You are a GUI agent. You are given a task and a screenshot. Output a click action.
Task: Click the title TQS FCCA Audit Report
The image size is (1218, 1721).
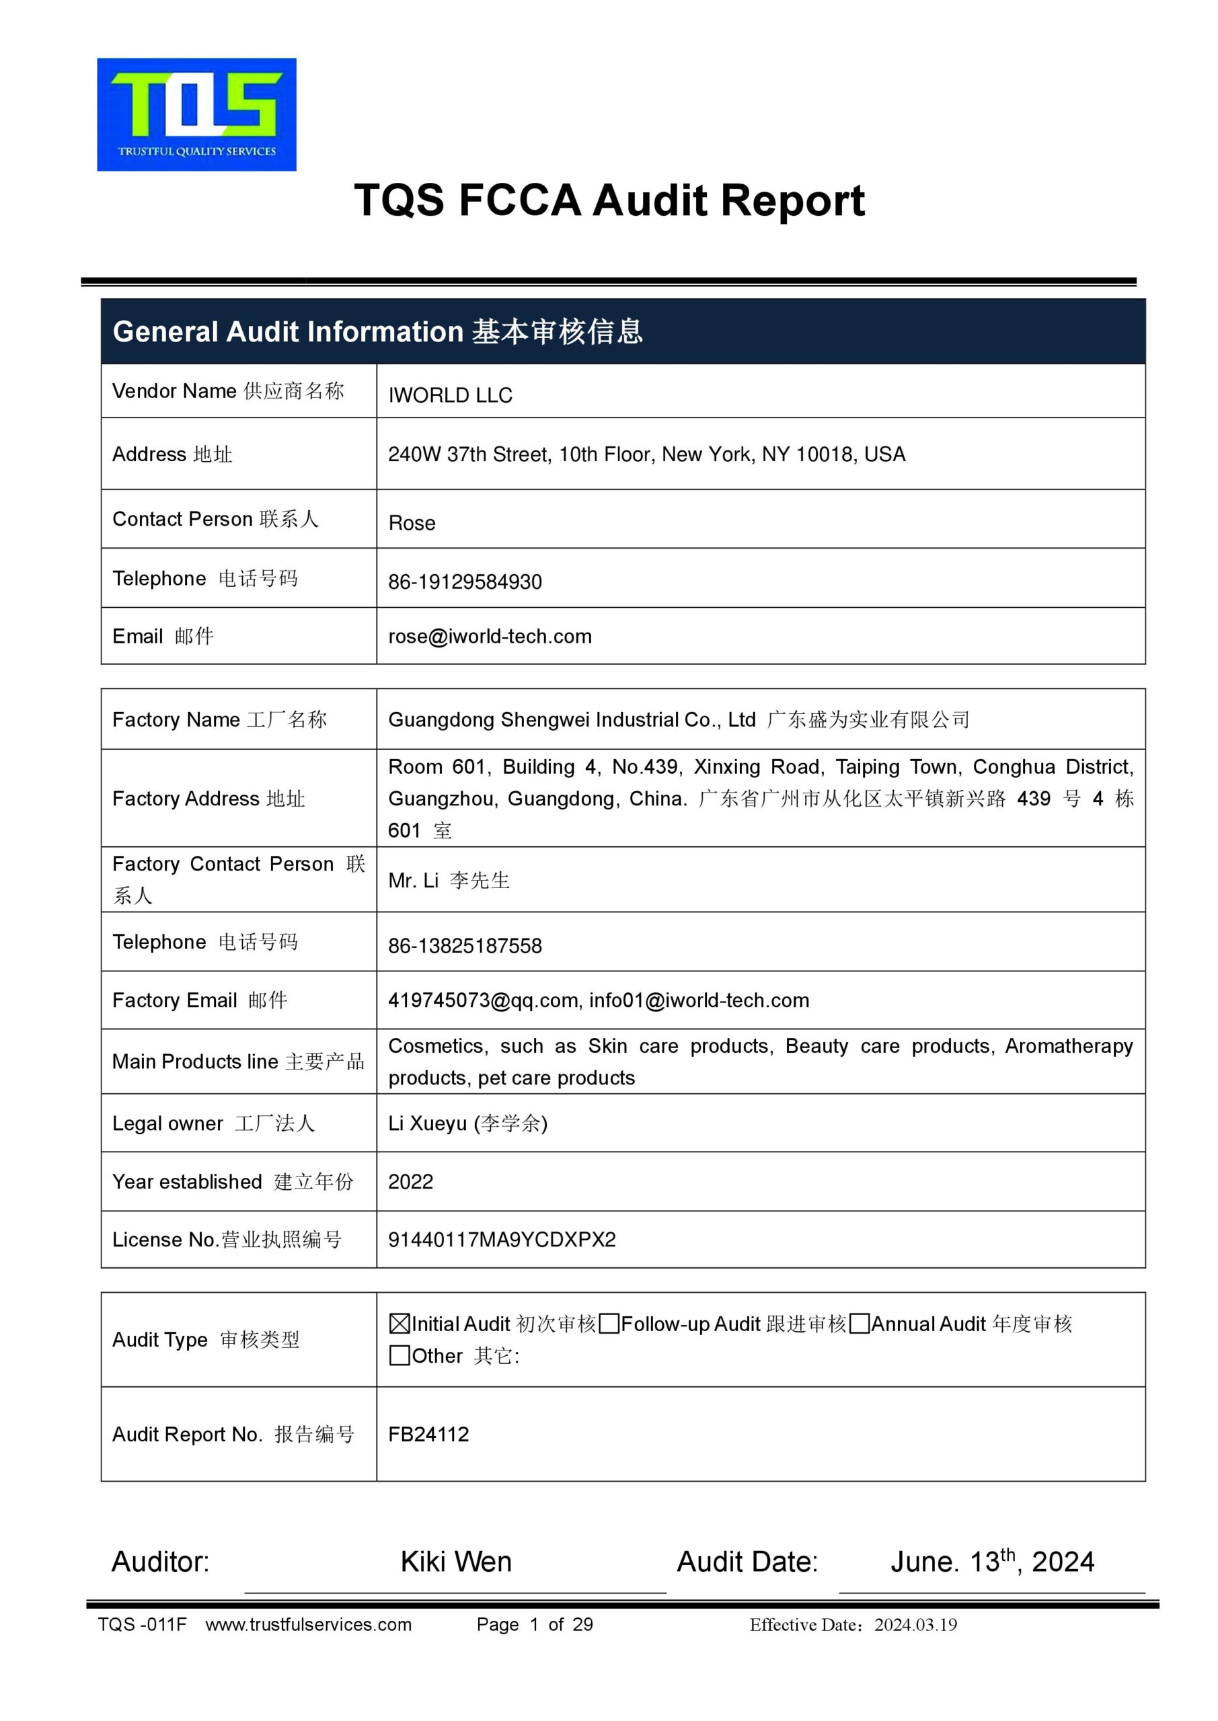(609, 201)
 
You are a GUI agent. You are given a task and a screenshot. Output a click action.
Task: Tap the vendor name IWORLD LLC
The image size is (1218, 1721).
(450, 395)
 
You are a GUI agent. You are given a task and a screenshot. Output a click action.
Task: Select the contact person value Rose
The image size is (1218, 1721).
(412, 523)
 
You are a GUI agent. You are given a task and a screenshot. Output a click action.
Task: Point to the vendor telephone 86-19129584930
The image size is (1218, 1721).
(465, 582)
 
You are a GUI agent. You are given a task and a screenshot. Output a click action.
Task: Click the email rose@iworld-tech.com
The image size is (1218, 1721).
(490, 637)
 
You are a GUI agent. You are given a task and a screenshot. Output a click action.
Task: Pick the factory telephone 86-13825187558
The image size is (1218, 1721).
(465, 946)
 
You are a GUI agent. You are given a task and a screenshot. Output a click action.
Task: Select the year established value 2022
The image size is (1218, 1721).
(411, 1181)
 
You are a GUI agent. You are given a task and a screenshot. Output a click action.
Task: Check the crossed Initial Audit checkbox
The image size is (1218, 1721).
(399, 1324)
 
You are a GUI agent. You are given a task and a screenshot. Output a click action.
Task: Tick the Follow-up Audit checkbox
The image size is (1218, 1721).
(609, 1324)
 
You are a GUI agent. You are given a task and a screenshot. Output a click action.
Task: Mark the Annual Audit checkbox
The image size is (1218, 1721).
(860, 1324)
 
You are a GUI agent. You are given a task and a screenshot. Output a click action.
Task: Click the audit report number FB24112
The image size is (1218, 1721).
(428, 1434)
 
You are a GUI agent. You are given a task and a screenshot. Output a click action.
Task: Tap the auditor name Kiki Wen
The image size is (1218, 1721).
(456, 1562)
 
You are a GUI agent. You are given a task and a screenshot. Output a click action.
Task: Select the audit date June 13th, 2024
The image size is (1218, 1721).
(991, 1562)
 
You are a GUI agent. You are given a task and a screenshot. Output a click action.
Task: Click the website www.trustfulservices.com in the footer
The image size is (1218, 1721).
(308, 1625)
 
